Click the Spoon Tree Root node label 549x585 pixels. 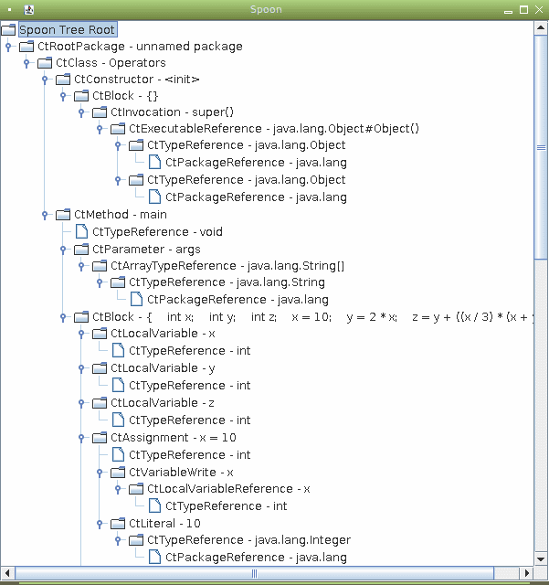pos(67,30)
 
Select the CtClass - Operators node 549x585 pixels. pos(111,63)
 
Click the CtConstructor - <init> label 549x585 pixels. pos(136,80)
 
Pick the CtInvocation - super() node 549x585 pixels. pos(172,112)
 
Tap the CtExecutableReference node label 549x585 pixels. pos(274,128)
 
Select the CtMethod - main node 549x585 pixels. pos(120,215)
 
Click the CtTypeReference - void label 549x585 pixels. pos(157,231)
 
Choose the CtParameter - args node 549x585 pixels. pos(146,250)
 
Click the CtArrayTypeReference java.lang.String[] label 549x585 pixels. pos(227,266)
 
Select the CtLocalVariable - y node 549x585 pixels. pos(163,368)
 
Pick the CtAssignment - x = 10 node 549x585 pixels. pos(174,437)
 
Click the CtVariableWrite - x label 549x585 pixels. pos(181,472)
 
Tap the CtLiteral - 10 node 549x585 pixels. pos(164,524)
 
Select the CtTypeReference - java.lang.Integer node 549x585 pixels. pos(248,540)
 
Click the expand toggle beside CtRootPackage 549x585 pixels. pos(8,47)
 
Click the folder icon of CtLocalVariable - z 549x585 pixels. pos(100,403)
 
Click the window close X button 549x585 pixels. pos(539,10)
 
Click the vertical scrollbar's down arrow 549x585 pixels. pos(541,558)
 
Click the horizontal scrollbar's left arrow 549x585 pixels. pos(7,573)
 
